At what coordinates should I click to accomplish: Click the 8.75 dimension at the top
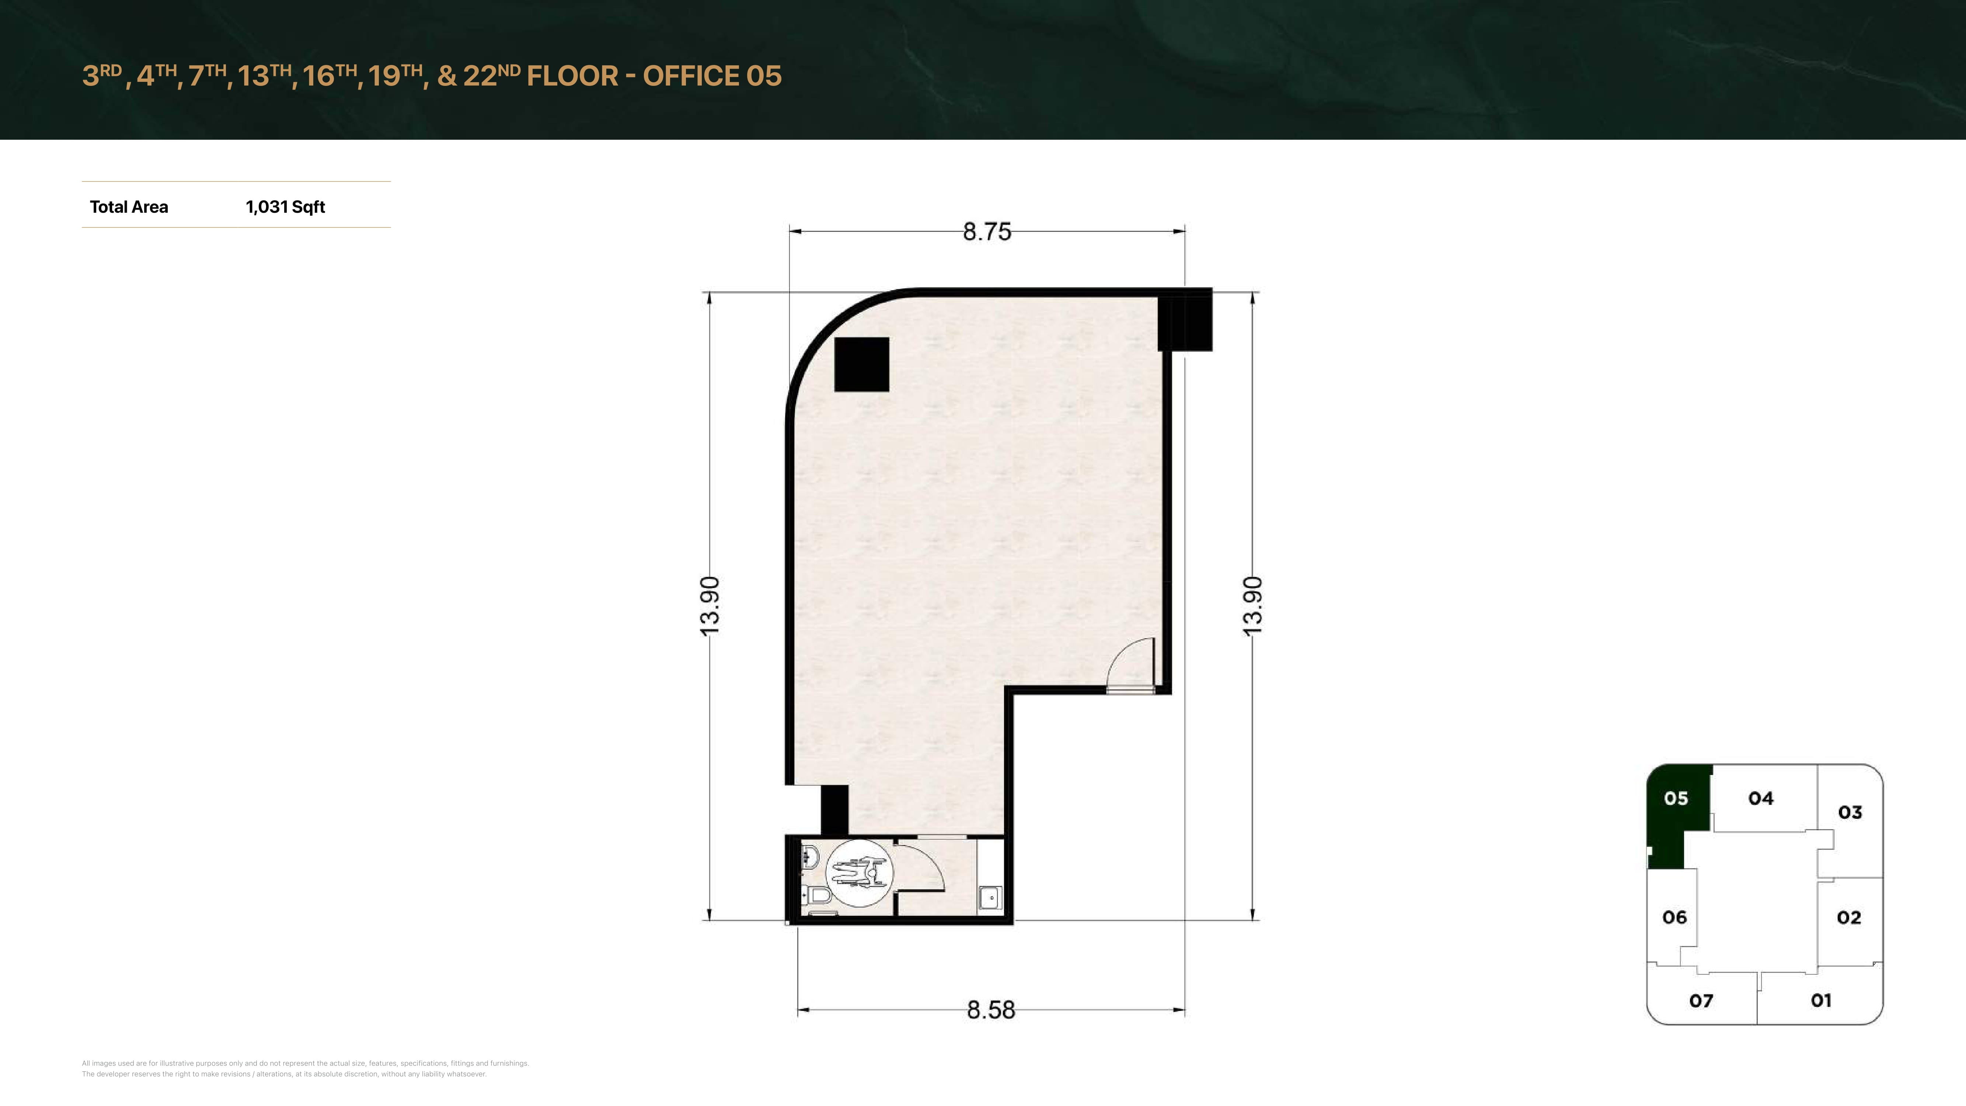point(987,231)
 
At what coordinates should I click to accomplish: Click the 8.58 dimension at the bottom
point(991,1010)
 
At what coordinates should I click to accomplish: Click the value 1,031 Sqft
point(285,207)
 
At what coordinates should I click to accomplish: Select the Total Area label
point(129,207)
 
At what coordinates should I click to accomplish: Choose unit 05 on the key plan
point(1676,799)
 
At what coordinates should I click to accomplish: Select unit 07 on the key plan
point(1701,1001)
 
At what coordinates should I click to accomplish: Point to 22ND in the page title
point(492,75)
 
